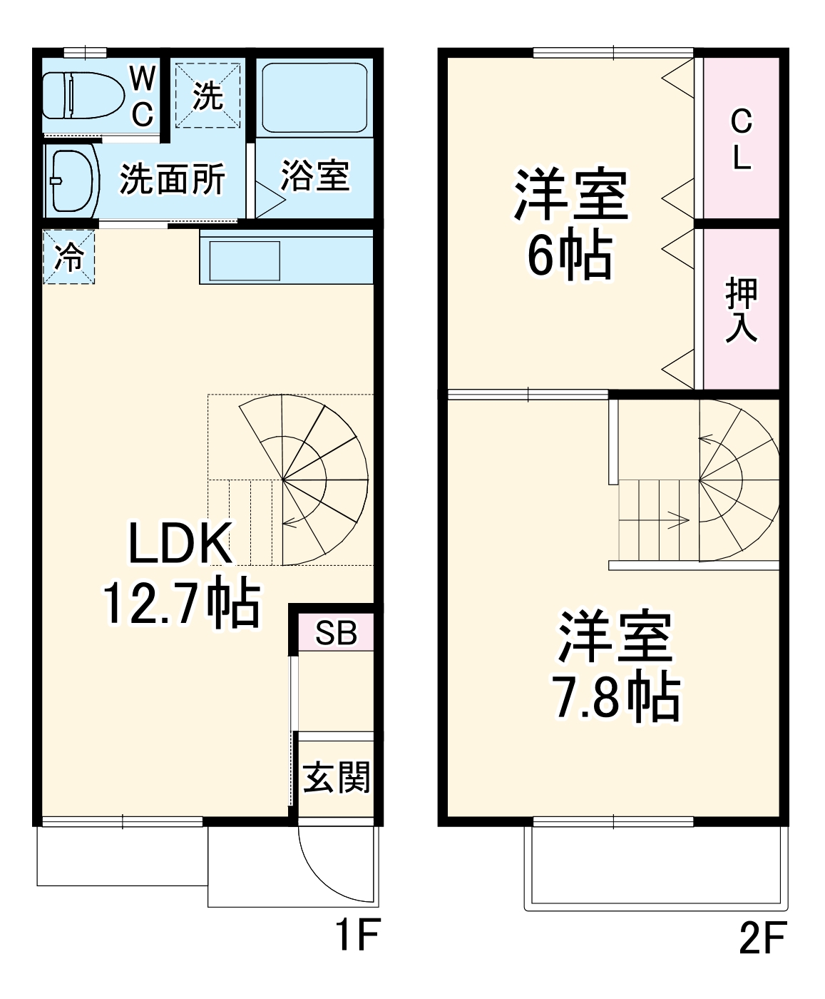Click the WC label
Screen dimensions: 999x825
pyautogui.click(x=143, y=96)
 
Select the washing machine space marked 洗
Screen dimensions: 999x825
pyautogui.click(x=208, y=96)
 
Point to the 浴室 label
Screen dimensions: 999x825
pyautogui.click(x=314, y=176)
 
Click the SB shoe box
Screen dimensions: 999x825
pyautogui.click(x=335, y=632)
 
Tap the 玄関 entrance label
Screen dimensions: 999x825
pyautogui.click(x=337, y=777)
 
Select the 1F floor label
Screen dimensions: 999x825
pyautogui.click(x=356, y=934)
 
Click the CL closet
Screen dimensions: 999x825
pyautogui.click(x=741, y=139)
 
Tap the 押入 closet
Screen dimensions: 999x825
pyautogui.click(x=741, y=310)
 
